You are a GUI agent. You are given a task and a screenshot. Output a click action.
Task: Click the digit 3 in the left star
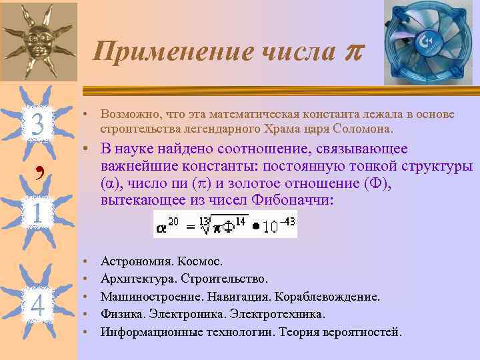click(x=37, y=124)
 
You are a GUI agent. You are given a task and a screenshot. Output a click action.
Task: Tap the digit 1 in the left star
click(x=37, y=213)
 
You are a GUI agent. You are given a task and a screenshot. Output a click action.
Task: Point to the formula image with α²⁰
click(x=225, y=225)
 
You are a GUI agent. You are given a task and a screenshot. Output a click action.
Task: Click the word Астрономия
click(x=134, y=261)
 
